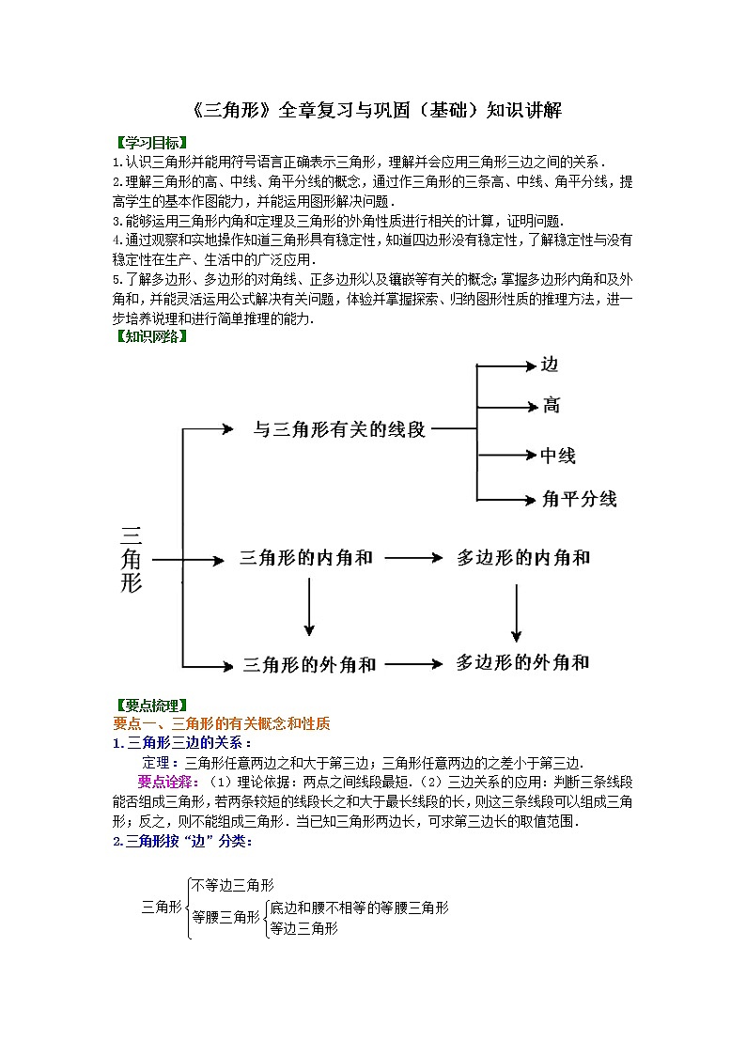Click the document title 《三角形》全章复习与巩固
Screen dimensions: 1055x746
pos(373,110)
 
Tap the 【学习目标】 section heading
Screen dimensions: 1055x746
pos(149,143)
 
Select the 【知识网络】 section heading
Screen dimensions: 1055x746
pos(149,337)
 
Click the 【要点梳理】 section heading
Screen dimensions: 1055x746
pos(149,706)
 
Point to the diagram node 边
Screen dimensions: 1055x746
pos(550,365)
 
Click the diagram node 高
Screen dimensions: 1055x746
pos(551,406)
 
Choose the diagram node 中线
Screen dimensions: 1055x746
pos(558,456)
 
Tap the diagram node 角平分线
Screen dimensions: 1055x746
pos(579,499)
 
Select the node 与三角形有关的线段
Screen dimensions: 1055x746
pos(339,430)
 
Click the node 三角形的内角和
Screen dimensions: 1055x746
pos(306,558)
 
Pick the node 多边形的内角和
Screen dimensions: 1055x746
pos(523,558)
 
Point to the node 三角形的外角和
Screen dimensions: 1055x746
pos(309,664)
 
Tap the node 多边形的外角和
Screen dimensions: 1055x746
pos(523,662)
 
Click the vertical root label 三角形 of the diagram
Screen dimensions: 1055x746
pos(132,559)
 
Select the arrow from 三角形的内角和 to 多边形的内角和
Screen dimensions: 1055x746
pos(413,558)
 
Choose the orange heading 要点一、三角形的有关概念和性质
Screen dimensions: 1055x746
pos(222,723)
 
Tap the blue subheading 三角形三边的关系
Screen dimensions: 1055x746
pos(187,743)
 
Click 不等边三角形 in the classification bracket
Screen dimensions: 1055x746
pos(232,885)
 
